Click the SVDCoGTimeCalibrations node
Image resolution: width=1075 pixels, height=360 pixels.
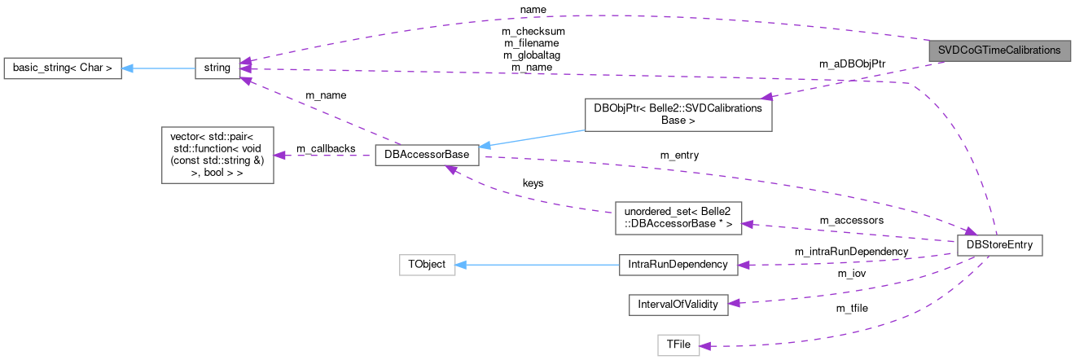[998, 50]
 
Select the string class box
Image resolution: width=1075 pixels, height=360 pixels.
[217, 68]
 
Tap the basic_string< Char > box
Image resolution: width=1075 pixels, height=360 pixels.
[63, 68]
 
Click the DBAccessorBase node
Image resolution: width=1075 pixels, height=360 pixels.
[427, 155]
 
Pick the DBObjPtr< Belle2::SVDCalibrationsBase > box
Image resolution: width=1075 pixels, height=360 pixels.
[678, 115]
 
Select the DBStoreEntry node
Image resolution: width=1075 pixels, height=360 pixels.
[999, 244]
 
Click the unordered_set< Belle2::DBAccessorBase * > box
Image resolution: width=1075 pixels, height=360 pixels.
[678, 217]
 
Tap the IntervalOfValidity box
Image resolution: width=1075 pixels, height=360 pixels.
[678, 304]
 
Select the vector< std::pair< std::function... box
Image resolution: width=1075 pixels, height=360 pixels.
[217, 155]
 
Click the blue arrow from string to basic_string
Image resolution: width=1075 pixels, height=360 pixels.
[159, 68]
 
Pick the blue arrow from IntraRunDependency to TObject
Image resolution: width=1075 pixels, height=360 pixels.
[537, 264]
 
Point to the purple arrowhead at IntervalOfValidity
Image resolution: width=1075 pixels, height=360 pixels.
[733, 303]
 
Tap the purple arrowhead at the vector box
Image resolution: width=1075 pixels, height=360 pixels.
[279, 155]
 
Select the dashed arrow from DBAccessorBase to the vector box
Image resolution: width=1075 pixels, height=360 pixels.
[326, 155]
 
